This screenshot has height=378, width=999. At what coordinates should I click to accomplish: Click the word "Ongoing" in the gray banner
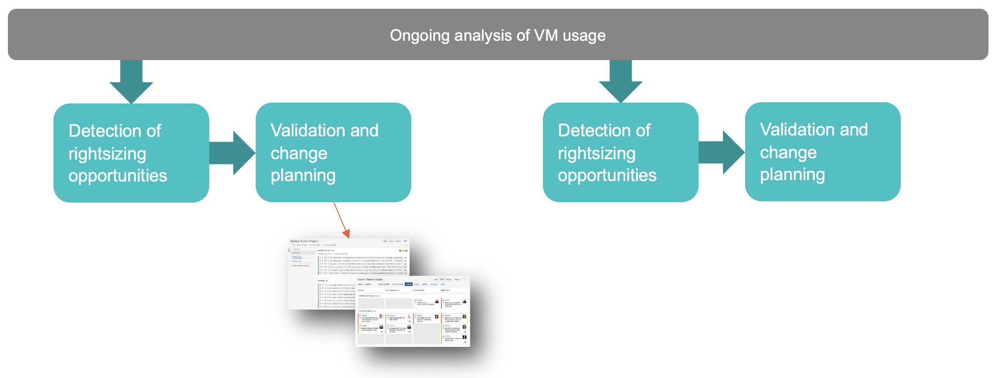419,36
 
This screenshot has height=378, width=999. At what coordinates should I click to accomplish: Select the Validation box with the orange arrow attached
333,152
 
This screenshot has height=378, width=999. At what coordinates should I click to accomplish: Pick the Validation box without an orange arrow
822,151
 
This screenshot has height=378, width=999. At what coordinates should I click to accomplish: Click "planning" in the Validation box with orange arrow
303,175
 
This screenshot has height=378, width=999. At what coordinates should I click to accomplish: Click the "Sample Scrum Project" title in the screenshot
304,241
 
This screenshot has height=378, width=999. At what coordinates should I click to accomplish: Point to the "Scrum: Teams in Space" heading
370,279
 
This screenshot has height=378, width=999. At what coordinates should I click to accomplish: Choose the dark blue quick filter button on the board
409,284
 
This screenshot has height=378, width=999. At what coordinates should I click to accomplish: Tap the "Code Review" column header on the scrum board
419,290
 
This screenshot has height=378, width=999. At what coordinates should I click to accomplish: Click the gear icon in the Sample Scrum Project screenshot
406,241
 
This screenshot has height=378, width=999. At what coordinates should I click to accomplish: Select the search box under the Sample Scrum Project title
293,245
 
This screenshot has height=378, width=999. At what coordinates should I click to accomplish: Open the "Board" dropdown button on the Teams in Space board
458,279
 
